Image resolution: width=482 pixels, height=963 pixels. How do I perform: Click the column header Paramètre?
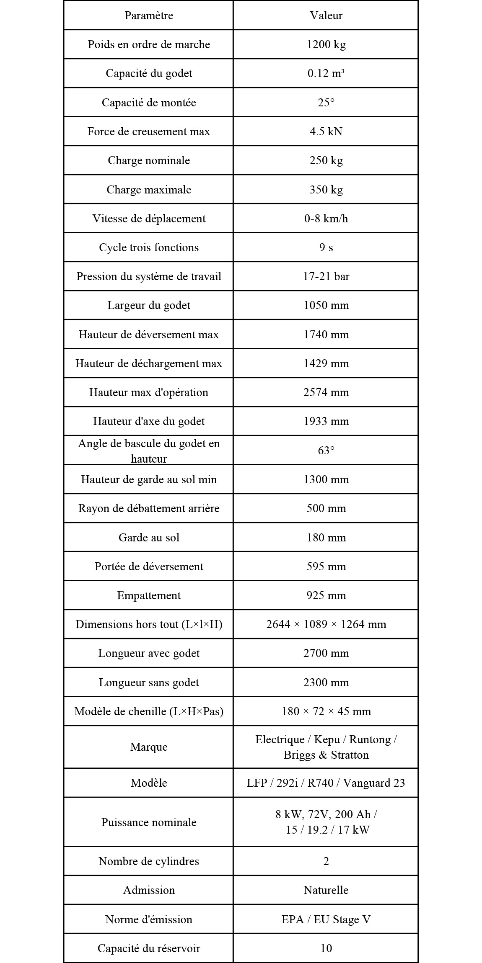click(149, 15)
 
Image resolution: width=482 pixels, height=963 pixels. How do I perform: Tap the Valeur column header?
click(326, 15)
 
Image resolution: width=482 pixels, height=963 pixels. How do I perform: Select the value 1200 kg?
click(326, 44)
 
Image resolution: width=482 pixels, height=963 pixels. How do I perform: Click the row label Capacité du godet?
click(149, 73)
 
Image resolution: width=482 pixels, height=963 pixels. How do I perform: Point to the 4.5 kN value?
click(326, 131)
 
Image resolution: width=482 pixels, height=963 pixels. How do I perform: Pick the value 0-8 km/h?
click(326, 219)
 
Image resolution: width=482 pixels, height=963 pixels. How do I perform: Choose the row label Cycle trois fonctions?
click(149, 247)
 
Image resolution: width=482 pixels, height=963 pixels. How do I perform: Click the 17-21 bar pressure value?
click(326, 276)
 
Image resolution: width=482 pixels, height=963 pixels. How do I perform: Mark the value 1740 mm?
click(326, 335)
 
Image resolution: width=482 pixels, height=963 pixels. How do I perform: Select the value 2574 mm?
click(326, 392)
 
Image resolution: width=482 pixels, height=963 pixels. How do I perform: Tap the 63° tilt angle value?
click(326, 451)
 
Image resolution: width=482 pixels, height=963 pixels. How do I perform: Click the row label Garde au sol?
click(149, 538)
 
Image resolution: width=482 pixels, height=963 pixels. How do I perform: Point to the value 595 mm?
click(326, 566)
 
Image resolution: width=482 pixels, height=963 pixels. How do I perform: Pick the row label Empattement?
click(149, 595)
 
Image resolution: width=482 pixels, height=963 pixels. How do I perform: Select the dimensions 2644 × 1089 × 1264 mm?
click(326, 624)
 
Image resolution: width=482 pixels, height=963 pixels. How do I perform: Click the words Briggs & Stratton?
click(326, 755)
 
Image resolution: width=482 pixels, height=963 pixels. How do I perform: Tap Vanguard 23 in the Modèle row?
click(374, 783)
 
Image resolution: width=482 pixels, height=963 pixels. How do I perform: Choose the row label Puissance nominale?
click(149, 822)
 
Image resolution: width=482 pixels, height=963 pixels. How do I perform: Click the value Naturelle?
click(326, 890)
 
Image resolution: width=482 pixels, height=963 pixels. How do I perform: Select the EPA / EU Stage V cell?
click(326, 919)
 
